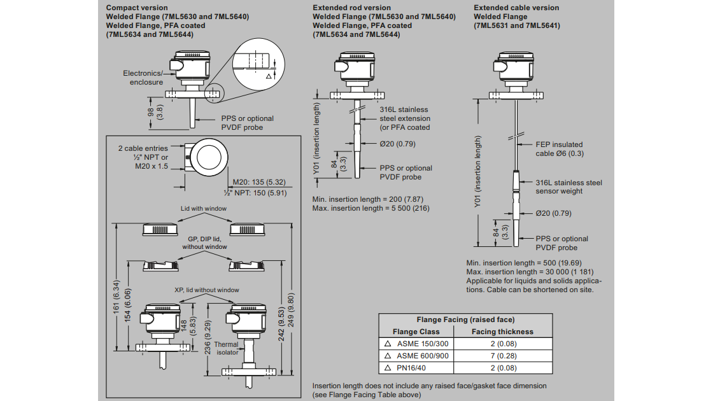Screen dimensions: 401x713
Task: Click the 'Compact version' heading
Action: pyautogui.click(x=137, y=8)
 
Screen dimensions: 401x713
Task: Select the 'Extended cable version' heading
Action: pyautogui.click(x=516, y=8)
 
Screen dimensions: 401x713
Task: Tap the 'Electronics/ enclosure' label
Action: pyautogui.click(x=143, y=78)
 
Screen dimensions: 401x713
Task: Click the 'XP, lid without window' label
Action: pyautogui.click(x=207, y=290)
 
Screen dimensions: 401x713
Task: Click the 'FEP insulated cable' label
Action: pyautogui.click(x=559, y=149)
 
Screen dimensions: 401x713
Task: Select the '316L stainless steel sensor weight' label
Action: pyautogui.click(x=568, y=187)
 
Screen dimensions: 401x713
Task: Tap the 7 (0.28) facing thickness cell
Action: pyautogui.click(x=502, y=355)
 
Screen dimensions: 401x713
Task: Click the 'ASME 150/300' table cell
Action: pyautogui.click(x=422, y=343)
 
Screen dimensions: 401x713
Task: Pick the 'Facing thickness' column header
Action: pyautogui.click(x=502, y=332)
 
